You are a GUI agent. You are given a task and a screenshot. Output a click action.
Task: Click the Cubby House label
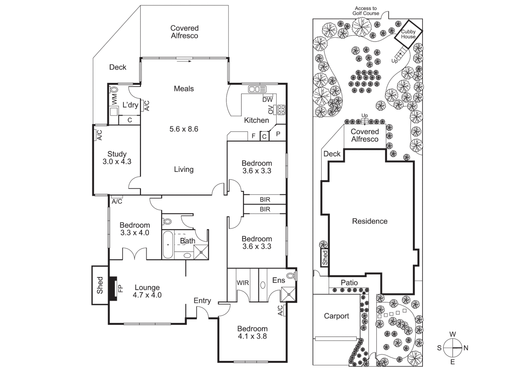click(x=408, y=34)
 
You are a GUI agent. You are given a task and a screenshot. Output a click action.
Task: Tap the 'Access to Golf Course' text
click(x=366, y=11)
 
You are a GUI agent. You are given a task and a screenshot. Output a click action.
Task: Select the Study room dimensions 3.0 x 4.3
click(x=117, y=162)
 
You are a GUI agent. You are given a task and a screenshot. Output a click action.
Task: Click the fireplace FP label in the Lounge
click(x=120, y=288)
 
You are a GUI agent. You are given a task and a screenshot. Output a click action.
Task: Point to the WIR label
click(x=243, y=283)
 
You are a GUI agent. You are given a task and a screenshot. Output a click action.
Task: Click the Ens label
click(x=278, y=280)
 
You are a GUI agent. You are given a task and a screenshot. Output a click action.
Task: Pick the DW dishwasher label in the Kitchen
click(x=267, y=100)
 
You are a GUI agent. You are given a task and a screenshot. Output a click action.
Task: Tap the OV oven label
click(x=271, y=110)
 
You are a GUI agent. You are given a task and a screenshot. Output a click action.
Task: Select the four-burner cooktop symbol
click(x=281, y=110)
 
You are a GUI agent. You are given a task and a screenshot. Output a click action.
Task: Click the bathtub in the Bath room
click(x=168, y=245)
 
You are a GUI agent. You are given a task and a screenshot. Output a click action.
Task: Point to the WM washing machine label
click(x=114, y=99)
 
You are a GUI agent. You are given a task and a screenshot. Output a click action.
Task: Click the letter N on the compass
click(x=466, y=348)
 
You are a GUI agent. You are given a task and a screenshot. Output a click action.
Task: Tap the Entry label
click(x=202, y=301)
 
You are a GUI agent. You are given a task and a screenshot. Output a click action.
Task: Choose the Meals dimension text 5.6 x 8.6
click(x=184, y=129)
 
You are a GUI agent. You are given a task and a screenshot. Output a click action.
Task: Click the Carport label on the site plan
click(x=336, y=316)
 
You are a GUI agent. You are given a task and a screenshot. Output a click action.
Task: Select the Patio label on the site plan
click(x=349, y=282)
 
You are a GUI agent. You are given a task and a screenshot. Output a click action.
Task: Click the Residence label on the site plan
click(x=369, y=221)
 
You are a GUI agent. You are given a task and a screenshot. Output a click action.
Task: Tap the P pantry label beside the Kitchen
click(x=278, y=134)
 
